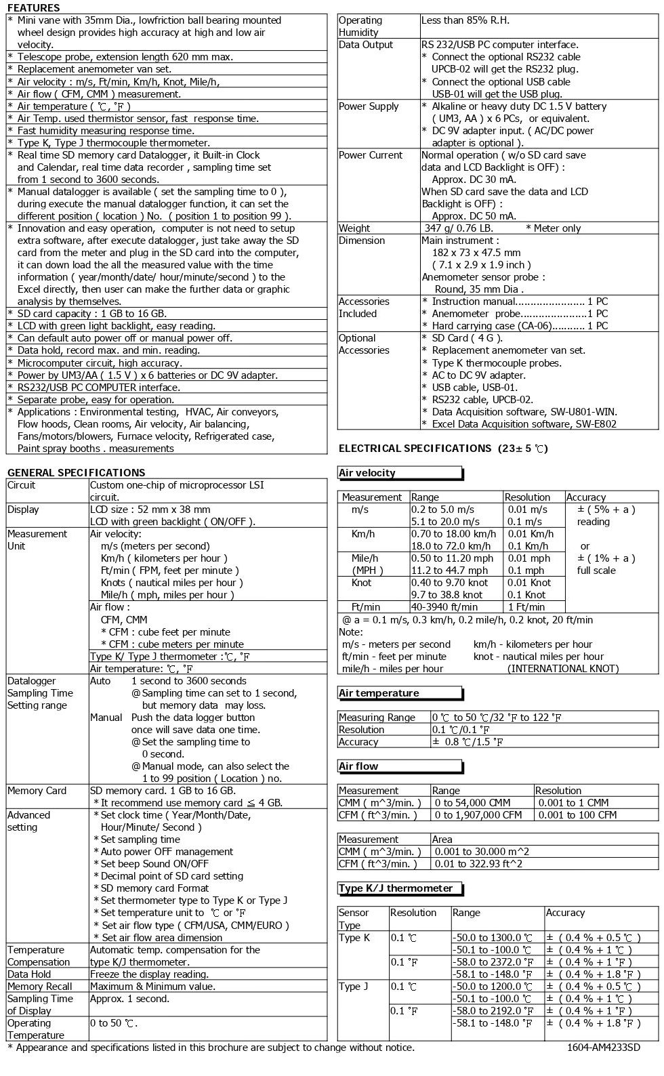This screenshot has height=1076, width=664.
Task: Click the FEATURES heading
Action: pyautogui.click(x=33, y=8)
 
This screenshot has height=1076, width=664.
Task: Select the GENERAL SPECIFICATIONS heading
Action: pyautogui.click(x=76, y=472)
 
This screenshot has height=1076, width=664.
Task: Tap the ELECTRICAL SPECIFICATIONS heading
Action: pyautogui.click(x=442, y=448)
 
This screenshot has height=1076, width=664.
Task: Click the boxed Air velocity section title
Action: pyautogui.click(x=367, y=473)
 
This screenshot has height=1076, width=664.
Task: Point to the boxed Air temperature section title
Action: pyautogui.click(x=379, y=692)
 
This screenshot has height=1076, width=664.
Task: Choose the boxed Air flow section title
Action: pyautogui.click(x=358, y=766)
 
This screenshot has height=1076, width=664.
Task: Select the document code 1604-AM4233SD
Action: pyautogui.click(x=604, y=1047)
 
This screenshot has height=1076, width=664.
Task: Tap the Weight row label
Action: pyautogui.click(x=354, y=228)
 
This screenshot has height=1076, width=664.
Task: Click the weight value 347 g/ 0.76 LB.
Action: pyautogui.click(x=458, y=228)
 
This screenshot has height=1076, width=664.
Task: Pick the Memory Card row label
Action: pyautogui.click(x=37, y=790)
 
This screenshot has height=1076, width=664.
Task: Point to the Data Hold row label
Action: pyautogui.click(x=29, y=974)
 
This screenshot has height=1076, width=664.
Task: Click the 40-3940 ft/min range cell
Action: pyautogui.click(x=444, y=607)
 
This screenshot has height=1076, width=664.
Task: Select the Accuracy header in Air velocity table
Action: pyautogui.click(x=585, y=497)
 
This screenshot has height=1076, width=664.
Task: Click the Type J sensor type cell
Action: pyautogui.click(x=354, y=986)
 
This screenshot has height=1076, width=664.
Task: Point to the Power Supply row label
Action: pyautogui.click(x=369, y=106)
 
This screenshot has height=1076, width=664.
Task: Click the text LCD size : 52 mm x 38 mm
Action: pyautogui.click(x=150, y=510)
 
